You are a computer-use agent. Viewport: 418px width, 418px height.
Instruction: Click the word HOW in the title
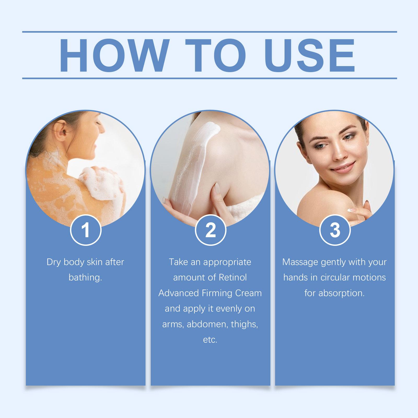point(113,56)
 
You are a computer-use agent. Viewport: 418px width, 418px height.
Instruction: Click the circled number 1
point(86,230)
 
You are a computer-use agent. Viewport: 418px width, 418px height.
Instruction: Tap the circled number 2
point(211,230)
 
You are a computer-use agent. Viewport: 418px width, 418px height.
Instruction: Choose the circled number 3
point(335,230)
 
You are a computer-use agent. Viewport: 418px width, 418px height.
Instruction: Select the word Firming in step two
point(216,293)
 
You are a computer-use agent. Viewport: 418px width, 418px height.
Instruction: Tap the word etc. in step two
point(210,340)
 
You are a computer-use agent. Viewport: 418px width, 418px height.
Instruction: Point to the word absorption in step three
point(341,293)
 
